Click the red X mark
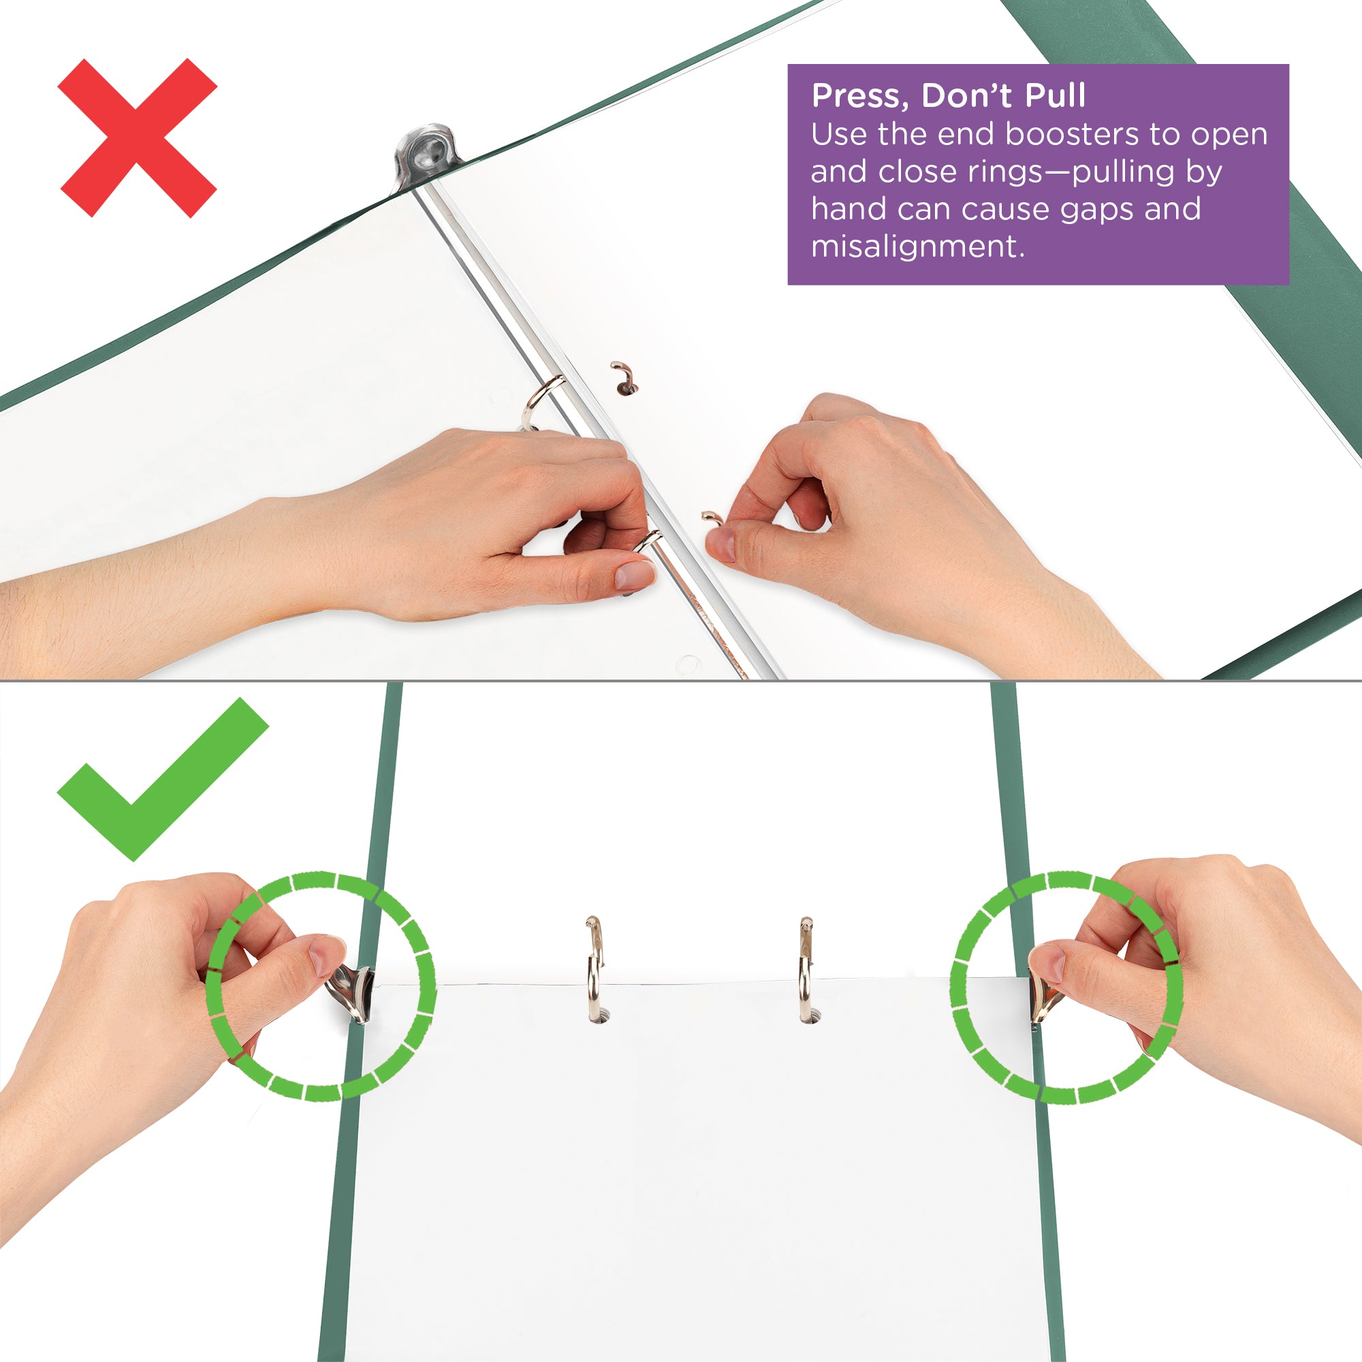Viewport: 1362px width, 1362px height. pyautogui.click(x=138, y=138)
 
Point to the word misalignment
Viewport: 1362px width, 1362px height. pyautogui.click(x=917, y=247)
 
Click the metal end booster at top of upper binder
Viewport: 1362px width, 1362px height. pyautogui.click(x=425, y=154)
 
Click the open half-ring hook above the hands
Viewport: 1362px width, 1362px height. pyautogui.click(x=623, y=377)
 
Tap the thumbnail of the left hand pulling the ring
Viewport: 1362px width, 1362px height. pyautogui.click(x=635, y=575)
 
